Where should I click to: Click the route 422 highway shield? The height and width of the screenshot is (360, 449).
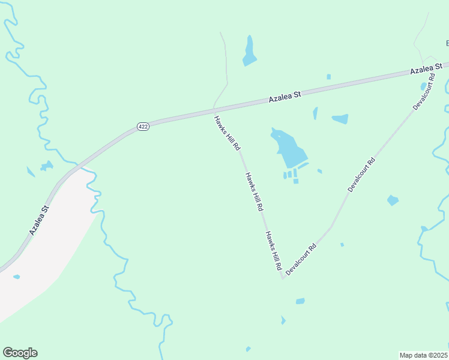click(x=142, y=127)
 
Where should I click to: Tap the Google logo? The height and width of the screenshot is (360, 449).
click(x=20, y=353)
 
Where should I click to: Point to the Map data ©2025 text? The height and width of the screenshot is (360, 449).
click(x=424, y=355)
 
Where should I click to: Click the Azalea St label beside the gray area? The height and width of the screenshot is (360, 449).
click(x=39, y=220)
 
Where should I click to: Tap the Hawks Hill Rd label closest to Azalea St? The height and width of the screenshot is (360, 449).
click(x=227, y=133)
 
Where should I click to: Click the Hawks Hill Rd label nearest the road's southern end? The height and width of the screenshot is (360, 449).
click(x=274, y=250)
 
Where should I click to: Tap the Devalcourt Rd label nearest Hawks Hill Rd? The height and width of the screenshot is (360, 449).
click(x=301, y=259)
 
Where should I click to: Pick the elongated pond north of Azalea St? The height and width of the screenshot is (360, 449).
click(x=249, y=51)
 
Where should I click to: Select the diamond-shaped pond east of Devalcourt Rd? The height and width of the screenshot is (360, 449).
click(x=393, y=200)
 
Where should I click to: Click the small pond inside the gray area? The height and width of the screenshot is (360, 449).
click(x=16, y=277)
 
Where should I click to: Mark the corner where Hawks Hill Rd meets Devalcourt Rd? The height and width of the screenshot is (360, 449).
click(x=282, y=278)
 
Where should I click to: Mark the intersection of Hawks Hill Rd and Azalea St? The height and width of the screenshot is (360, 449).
click(x=214, y=109)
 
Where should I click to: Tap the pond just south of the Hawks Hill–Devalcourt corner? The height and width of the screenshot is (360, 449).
click(x=300, y=301)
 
